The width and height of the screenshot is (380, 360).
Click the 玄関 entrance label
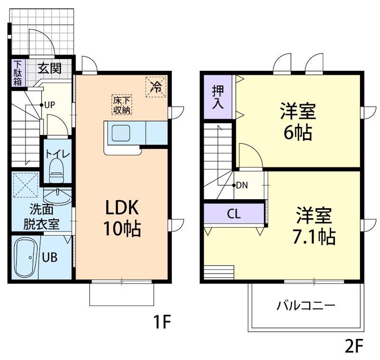[49, 68]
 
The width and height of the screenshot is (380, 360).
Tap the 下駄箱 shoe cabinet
[18, 73]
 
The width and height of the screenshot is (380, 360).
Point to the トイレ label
[57, 154]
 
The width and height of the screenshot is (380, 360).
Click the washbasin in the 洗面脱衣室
[57, 197]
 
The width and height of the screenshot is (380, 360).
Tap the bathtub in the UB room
[25, 258]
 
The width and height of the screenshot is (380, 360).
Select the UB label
[50, 257]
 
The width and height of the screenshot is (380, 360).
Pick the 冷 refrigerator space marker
[156, 87]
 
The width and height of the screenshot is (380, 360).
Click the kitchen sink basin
[121, 133]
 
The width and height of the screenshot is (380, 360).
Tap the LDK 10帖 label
[122, 218]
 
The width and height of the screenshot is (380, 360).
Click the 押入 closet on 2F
[218, 97]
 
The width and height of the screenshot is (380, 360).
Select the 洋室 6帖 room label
[298, 122]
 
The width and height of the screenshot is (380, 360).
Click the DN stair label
[242, 185]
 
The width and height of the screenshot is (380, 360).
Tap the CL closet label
[234, 214]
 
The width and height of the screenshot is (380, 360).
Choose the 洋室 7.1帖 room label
[314, 225]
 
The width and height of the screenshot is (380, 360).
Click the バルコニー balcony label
[306, 306]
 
